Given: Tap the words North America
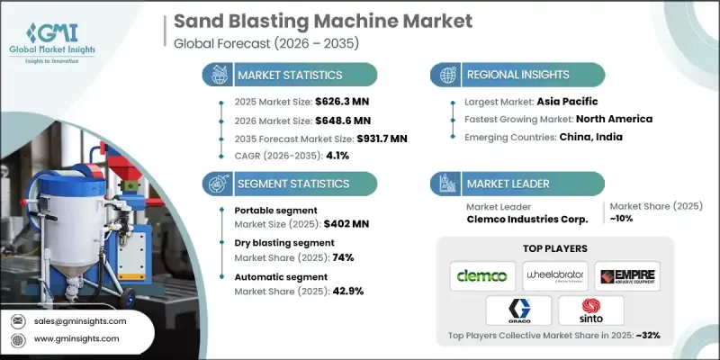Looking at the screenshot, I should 616,120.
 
